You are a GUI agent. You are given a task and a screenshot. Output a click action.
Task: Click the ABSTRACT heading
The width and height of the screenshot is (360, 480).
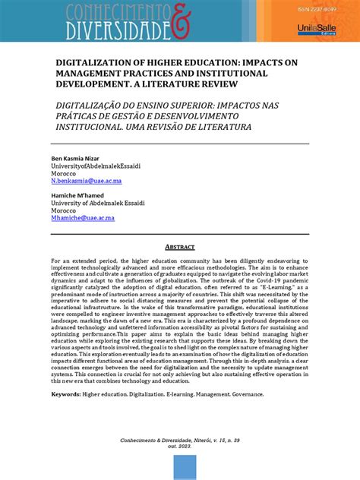click(x=179, y=247)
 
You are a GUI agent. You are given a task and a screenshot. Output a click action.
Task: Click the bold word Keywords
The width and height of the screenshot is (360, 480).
click(x=66, y=394)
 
